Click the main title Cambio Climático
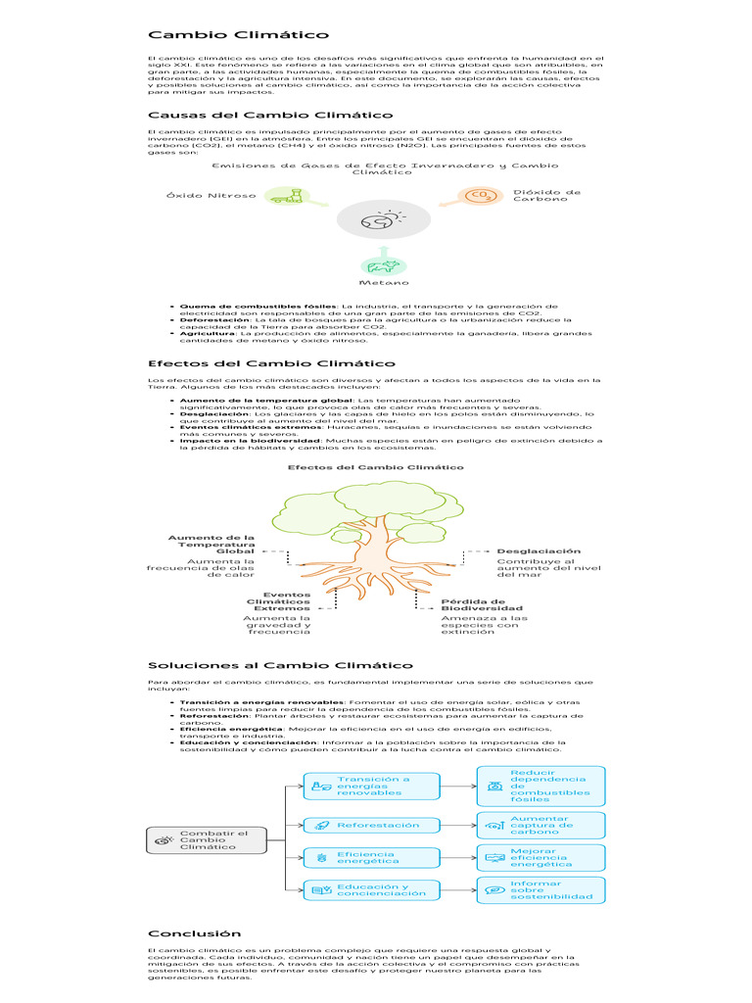[x=239, y=34]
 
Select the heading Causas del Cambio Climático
[x=270, y=116]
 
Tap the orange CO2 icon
[x=480, y=196]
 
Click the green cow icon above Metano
[x=383, y=266]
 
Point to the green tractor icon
[x=287, y=196]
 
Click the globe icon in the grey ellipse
[x=383, y=219]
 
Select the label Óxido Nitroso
[x=211, y=196]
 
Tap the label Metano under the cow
[x=384, y=283]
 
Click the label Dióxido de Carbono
[x=546, y=196]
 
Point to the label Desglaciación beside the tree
[x=539, y=551]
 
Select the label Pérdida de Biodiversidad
[x=482, y=605]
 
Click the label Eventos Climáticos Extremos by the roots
[x=278, y=602]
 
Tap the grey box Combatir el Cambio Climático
[x=207, y=840]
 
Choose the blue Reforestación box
[x=371, y=825]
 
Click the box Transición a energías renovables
[x=371, y=787]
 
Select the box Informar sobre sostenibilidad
[x=540, y=890]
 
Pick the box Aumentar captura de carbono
[x=540, y=825]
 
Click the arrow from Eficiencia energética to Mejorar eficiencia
[x=458, y=858]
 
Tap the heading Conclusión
[x=195, y=933]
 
